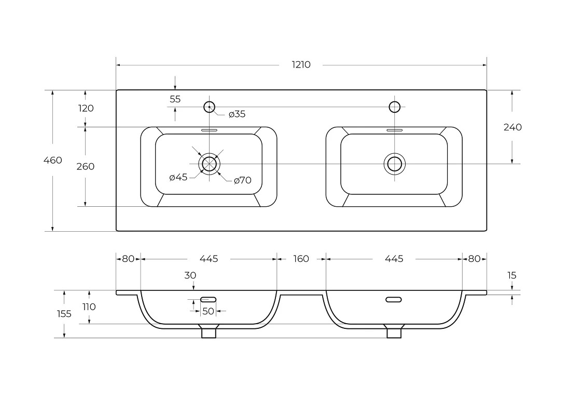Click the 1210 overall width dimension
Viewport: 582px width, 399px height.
coord(301,65)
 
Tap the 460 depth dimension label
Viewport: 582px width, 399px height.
coord(53,160)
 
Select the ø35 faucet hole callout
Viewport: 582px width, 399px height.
coord(237,114)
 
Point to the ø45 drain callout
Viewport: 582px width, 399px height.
coord(178,177)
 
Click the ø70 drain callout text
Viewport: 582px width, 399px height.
coord(243,180)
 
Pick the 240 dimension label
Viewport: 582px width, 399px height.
coord(512,127)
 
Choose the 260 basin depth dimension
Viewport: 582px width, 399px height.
coord(86,166)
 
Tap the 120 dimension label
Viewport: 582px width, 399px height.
coord(86,108)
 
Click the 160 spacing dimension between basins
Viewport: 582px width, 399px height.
coord(301,258)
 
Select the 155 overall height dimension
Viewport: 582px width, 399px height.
coord(64,314)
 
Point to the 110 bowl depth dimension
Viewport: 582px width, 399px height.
coord(89,307)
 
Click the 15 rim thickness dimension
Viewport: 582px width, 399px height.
coord(511,275)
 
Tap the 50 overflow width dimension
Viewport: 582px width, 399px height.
coord(208,311)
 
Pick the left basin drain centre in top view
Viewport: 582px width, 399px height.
coord(210,164)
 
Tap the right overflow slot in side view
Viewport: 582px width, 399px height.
coord(393,299)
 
